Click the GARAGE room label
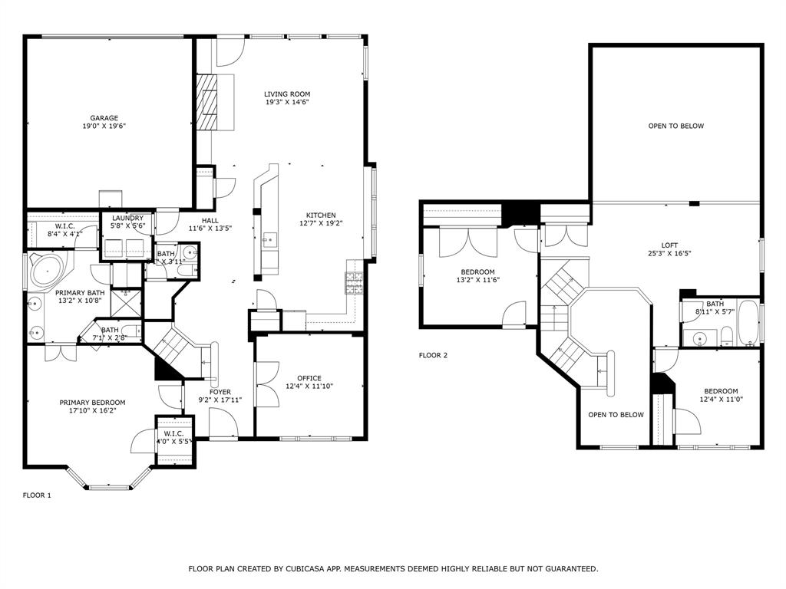pyautogui.click(x=104, y=118)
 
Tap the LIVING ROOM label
pyautogui.click(x=287, y=94)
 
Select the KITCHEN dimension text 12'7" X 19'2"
pyautogui.click(x=321, y=224)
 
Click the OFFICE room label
pyautogui.click(x=309, y=378)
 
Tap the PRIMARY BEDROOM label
pyautogui.click(x=92, y=402)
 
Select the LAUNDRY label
pyautogui.click(x=127, y=219)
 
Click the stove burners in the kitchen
pyautogui.click(x=354, y=284)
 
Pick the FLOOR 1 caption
pyautogui.click(x=37, y=495)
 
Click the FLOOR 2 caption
pyautogui.click(x=433, y=355)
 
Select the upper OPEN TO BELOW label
pyautogui.click(x=675, y=126)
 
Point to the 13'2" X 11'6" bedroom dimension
pyautogui.click(x=477, y=281)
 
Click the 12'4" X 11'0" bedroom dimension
pyautogui.click(x=721, y=400)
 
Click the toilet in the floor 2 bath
pyautogui.click(x=725, y=334)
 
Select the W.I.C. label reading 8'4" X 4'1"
pyautogui.click(x=64, y=233)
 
